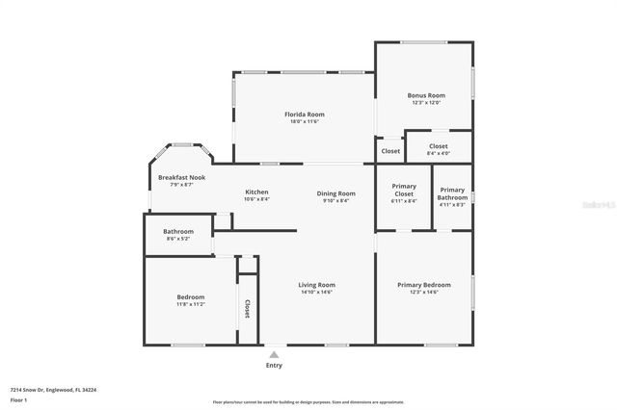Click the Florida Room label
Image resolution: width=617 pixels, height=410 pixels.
[304, 115]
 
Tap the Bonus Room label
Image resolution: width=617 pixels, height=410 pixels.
[425, 95]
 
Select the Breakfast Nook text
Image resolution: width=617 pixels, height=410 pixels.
[182, 177]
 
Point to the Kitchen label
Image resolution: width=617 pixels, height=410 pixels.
[256, 192]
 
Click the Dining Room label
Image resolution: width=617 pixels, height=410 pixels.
[336, 193]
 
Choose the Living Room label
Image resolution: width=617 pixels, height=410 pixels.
[316, 284]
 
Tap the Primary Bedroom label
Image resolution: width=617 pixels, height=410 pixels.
[424, 284]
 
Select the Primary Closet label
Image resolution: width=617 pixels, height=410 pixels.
[404, 189]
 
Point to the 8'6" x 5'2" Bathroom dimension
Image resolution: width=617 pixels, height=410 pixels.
[178, 238]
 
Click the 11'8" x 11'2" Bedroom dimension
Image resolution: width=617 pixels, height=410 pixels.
[191, 304]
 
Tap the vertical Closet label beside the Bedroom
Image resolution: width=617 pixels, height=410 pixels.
[248, 308]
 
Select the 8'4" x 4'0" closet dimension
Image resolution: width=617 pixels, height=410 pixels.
[439, 153]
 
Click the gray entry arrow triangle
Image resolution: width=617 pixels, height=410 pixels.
[274, 354]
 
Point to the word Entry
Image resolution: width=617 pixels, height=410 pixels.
[274, 365]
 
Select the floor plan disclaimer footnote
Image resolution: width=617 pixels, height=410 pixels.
[308, 402]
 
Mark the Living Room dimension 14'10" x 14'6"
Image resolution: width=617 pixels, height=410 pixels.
[316, 292]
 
